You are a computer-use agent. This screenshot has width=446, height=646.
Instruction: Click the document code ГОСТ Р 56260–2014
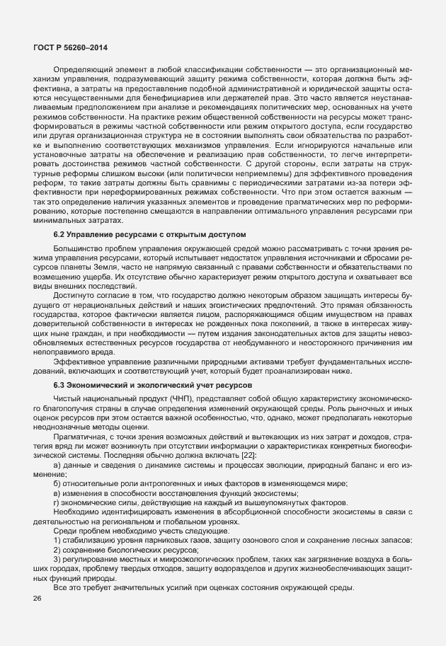[x=69, y=47]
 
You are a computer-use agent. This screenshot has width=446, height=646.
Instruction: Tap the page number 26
[x=37, y=599]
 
